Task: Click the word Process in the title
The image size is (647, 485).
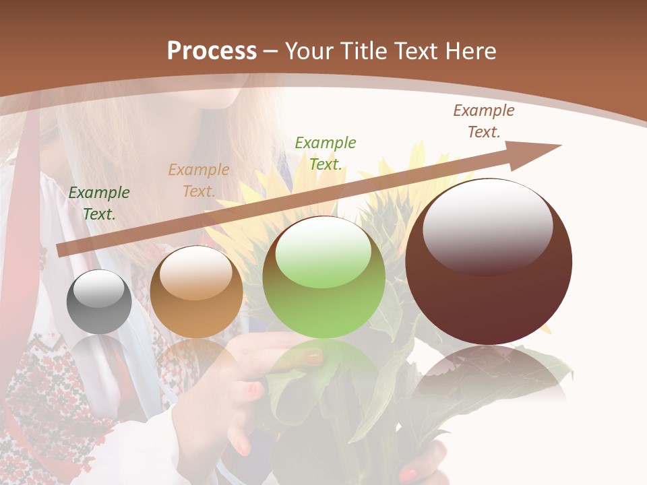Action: pyautogui.click(x=212, y=51)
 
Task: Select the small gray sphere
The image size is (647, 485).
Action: pyautogui.click(x=99, y=302)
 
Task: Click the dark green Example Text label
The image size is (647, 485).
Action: pyautogui.click(x=99, y=203)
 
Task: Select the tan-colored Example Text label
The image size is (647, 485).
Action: pyautogui.click(x=199, y=181)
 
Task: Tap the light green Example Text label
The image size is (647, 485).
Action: pyautogui.click(x=326, y=153)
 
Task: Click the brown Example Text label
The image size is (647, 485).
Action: pyautogui.click(x=484, y=121)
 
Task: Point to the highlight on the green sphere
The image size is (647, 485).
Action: pyautogui.click(x=323, y=251)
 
